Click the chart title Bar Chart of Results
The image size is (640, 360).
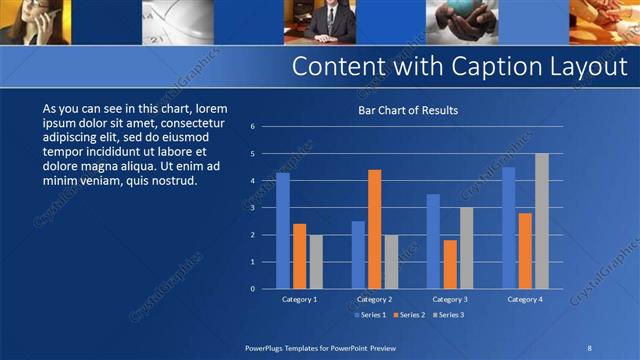408,110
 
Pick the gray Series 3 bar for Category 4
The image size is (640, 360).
541,220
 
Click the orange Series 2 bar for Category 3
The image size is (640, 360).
450,264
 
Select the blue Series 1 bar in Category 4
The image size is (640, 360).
508,227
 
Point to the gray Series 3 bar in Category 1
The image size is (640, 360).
316,261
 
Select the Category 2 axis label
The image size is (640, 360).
374,299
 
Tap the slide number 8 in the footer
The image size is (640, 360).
589,347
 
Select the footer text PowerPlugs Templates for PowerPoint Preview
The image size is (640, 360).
319,347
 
